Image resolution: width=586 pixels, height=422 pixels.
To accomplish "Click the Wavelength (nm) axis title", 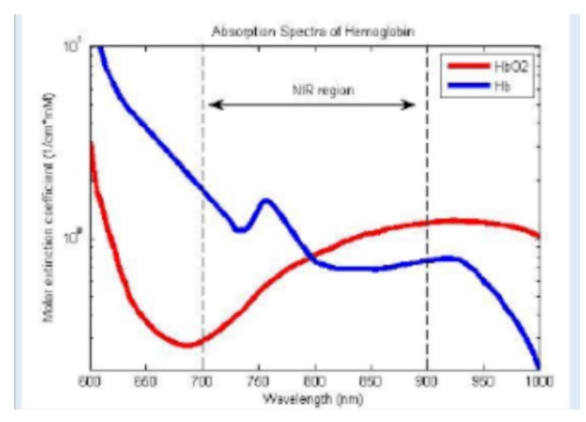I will click(315, 395).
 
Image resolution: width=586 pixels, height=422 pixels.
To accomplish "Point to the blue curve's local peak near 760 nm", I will click(266, 200).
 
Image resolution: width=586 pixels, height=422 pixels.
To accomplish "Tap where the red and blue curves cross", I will click(312, 257).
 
